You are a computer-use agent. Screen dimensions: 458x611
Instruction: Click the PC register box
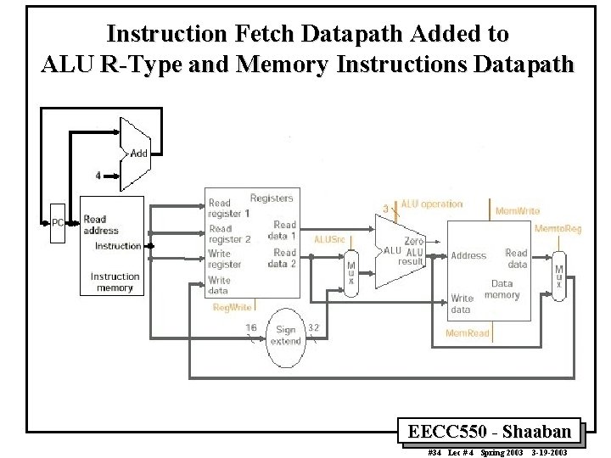57,223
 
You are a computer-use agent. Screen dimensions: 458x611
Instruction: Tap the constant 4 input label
98,176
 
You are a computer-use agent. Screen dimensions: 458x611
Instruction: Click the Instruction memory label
115,282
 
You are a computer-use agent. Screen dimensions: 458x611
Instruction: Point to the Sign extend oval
285,335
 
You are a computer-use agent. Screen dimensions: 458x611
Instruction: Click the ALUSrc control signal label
329,240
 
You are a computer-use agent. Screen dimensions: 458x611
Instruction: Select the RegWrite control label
231,306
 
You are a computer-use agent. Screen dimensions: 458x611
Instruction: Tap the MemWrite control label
517,209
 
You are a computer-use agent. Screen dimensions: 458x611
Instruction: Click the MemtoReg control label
558,229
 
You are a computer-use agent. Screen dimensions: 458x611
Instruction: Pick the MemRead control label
468,333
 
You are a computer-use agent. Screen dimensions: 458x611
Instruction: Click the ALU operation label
432,204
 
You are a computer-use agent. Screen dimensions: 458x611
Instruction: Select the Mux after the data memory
558,274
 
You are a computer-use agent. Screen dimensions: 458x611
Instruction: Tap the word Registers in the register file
272,198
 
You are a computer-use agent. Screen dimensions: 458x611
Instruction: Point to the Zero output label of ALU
414,242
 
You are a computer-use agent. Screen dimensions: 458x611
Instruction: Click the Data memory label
502,289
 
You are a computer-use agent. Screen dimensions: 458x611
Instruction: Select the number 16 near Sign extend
251,327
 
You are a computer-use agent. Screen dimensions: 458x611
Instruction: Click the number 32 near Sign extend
313,327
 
